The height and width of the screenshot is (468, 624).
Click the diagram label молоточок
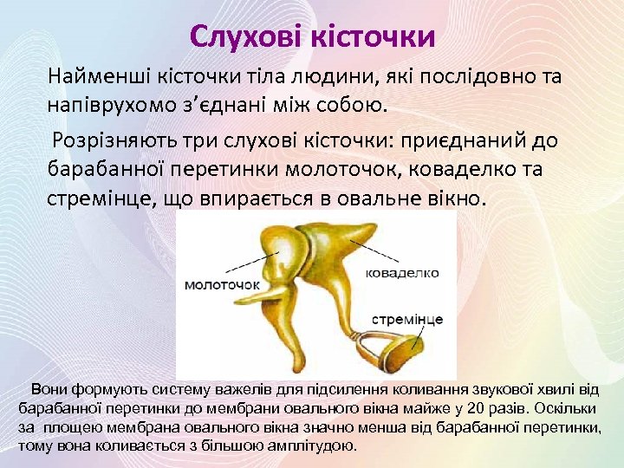click(223, 284)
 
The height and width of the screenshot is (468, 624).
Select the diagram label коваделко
click(403, 273)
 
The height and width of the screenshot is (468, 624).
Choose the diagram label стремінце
click(407, 319)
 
